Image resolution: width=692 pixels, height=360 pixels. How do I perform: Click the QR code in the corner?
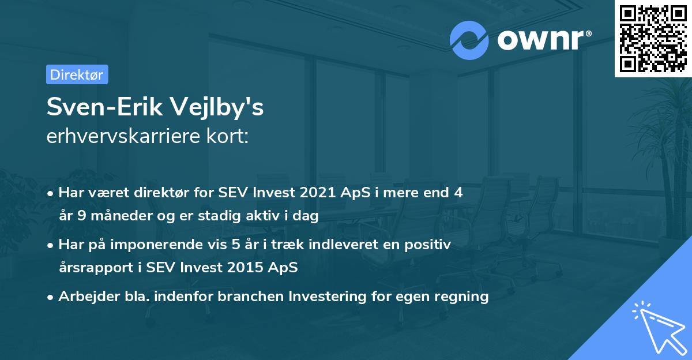coord(653,38)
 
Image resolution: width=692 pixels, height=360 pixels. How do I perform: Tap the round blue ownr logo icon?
coord(469,39)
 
